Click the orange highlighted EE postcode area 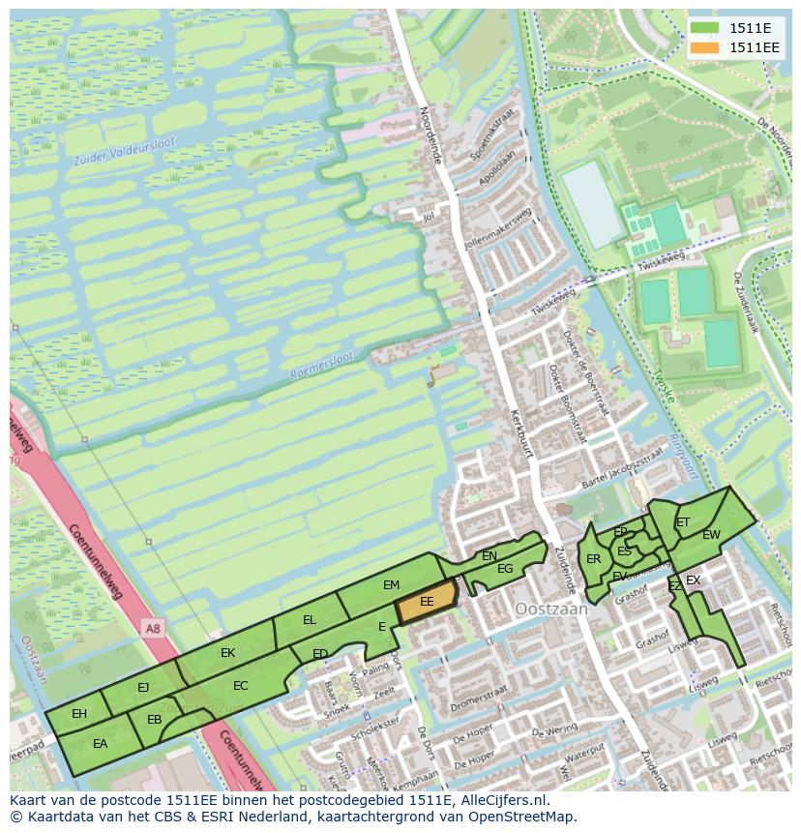pos(426,602)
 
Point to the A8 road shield pos(152,629)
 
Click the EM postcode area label pos(391,585)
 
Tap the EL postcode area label pos(310,620)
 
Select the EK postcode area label pos(227,653)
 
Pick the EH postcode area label pos(79,714)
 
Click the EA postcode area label pos(100,744)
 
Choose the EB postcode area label pos(154,720)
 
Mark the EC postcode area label pos(241,686)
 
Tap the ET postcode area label pos(683,522)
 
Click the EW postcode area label pos(711,535)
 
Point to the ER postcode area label pos(593,559)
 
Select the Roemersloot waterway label pos(322,366)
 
